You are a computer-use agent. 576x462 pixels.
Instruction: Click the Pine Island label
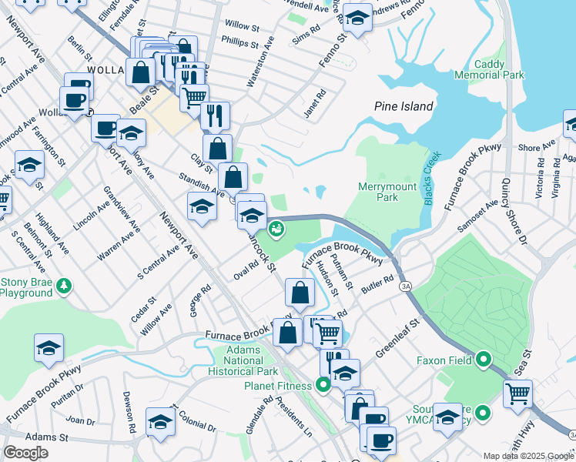pyautogui.click(x=404, y=106)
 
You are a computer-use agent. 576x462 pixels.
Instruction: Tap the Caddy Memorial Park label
pyautogui.click(x=489, y=69)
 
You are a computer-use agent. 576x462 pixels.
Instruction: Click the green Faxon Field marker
pyautogui.click(x=484, y=360)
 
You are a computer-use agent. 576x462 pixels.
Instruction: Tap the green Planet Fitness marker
pyautogui.click(x=323, y=385)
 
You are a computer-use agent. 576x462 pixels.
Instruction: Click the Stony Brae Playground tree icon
pyautogui.click(x=65, y=286)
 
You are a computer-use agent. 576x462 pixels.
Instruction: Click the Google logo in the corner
pyautogui.click(x=25, y=452)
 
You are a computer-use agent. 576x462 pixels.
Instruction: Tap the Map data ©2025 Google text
pyautogui.click(x=527, y=456)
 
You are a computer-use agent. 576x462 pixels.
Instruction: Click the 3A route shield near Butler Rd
pyautogui.click(x=404, y=286)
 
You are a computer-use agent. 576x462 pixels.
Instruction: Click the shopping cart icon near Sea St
pyautogui.click(x=517, y=393)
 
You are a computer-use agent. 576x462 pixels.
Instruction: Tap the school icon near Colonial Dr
pyautogui.click(x=160, y=423)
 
